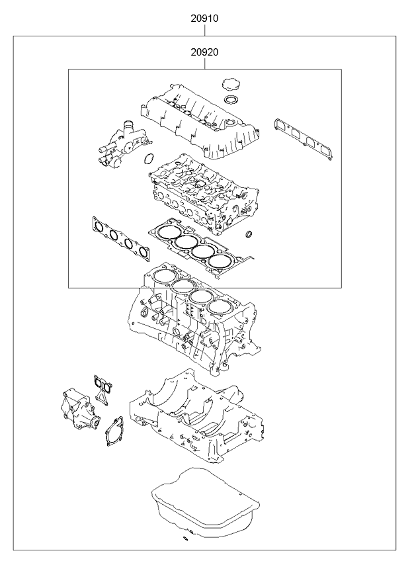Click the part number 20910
pos(205,20)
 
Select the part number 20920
pos(205,52)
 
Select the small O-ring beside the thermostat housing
pos(149,159)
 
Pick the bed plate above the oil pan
pos(198,417)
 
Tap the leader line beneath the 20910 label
pos(205,30)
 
